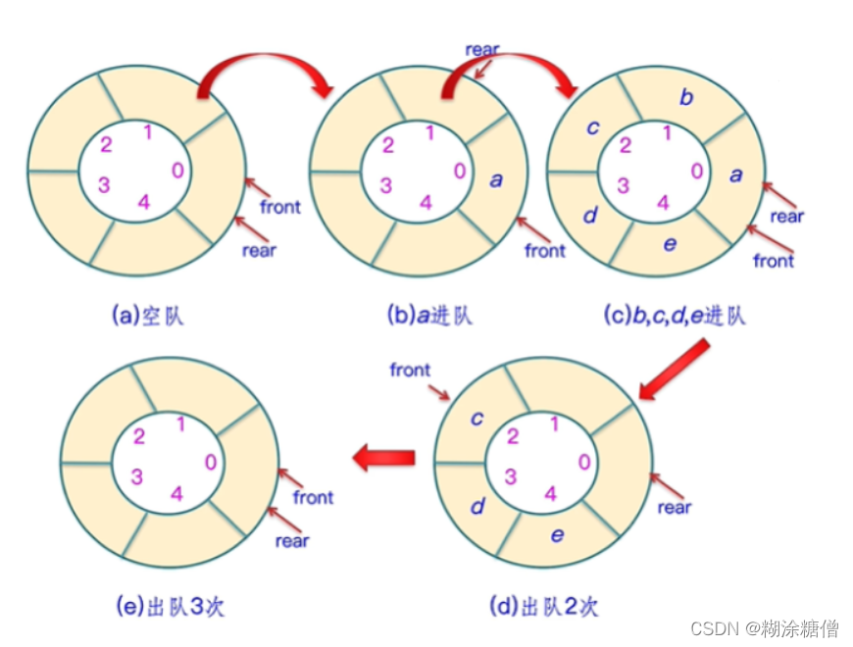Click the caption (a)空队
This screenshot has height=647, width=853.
pyautogui.click(x=149, y=316)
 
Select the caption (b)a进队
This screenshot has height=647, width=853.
pyautogui.click(x=429, y=316)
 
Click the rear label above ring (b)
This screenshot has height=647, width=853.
pyautogui.click(x=483, y=49)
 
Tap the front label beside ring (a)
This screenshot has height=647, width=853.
pyautogui.click(x=280, y=207)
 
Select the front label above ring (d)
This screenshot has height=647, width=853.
pyautogui.click(x=410, y=370)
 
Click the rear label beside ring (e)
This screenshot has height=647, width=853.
pyautogui.click(x=292, y=540)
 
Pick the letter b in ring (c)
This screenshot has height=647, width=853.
pyautogui.click(x=685, y=97)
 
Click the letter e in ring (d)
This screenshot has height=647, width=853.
pyautogui.click(x=557, y=534)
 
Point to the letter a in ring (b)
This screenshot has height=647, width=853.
pyautogui.click(x=495, y=180)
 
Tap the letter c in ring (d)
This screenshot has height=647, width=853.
pyautogui.click(x=477, y=420)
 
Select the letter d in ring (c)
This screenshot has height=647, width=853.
pyautogui.click(x=590, y=215)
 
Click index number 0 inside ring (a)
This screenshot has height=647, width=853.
pyautogui.click(x=176, y=170)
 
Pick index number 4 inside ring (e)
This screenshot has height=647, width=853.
pyautogui.click(x=176, y=493)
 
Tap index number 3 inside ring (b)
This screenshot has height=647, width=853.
pyautogui.click(x=386, y=186)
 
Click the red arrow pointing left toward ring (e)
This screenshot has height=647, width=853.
pyautogui.click(x=383, y=456)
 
